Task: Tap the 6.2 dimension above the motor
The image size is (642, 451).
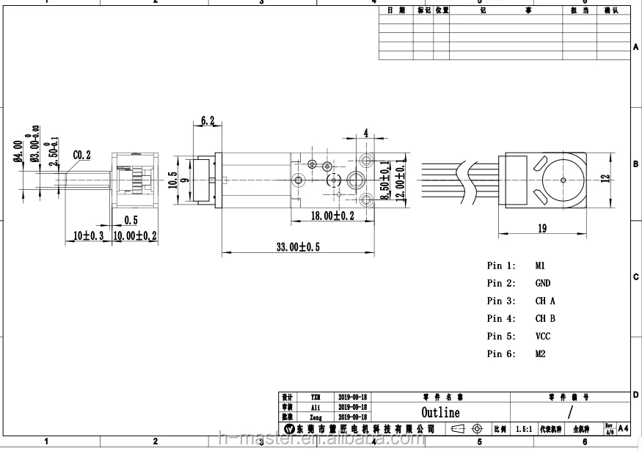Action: click(x=208, y=121)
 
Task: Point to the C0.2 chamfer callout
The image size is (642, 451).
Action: click(x=82, y=155)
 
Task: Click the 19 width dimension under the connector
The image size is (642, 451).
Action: click(x=541, y=228)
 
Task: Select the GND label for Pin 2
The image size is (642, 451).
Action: click(x=542, y=283)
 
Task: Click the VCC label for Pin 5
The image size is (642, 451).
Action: click(x=542, y=336)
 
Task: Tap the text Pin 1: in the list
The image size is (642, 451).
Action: click(x=501, y=265)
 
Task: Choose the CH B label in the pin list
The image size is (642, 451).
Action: click(x=545, y=318)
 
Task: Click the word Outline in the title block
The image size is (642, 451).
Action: click(x=440, y=413)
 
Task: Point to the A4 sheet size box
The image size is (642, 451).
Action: click(x=623, y=428)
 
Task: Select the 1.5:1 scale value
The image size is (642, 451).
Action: click(x=524, y=428)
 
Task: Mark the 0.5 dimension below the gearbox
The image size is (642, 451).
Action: click(x=131, y=220)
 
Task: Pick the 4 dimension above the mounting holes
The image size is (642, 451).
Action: click(x=365, y=133)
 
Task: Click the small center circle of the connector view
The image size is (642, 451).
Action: click(x=563, y=179)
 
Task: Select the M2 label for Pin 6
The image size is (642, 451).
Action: click(x=541, y=353)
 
